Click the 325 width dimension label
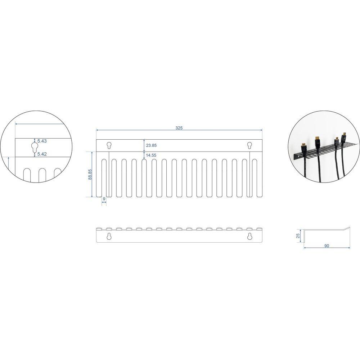pyautogui.click(x=179, y=128)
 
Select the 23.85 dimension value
pyautogui.click(x=151, y=145)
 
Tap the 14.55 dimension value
pyautogui.click(x=151, y=155)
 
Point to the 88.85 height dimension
pyautogui.click(x=90, y=174)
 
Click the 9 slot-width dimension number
pyautogui.click(x=104, y=199)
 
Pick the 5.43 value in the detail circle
pyautogui.click(x=42, y=141)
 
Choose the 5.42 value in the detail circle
pyautogui.click(x=42, y=154)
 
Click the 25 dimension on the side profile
pyautogui.click(x=298, y=235)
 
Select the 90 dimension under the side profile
pyautogui.click(x=327, y=246)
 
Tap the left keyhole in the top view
pyautogui.click(x=109, y=145)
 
